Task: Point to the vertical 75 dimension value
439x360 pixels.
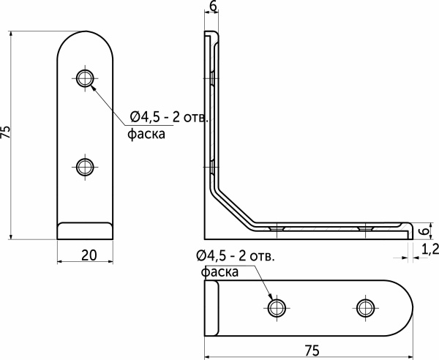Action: coord(7,132)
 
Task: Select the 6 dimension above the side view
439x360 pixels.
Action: coord(213,7)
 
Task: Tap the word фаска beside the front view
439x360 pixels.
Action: coord(146,134)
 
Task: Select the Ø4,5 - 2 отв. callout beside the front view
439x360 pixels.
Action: coord(170,117)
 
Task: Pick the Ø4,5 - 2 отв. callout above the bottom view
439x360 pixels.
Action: coord(236,255)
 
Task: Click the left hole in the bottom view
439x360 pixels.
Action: coord(277,307)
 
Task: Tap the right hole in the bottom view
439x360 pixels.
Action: coord(365,307)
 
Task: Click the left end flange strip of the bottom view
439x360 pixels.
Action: coord(211,307)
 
